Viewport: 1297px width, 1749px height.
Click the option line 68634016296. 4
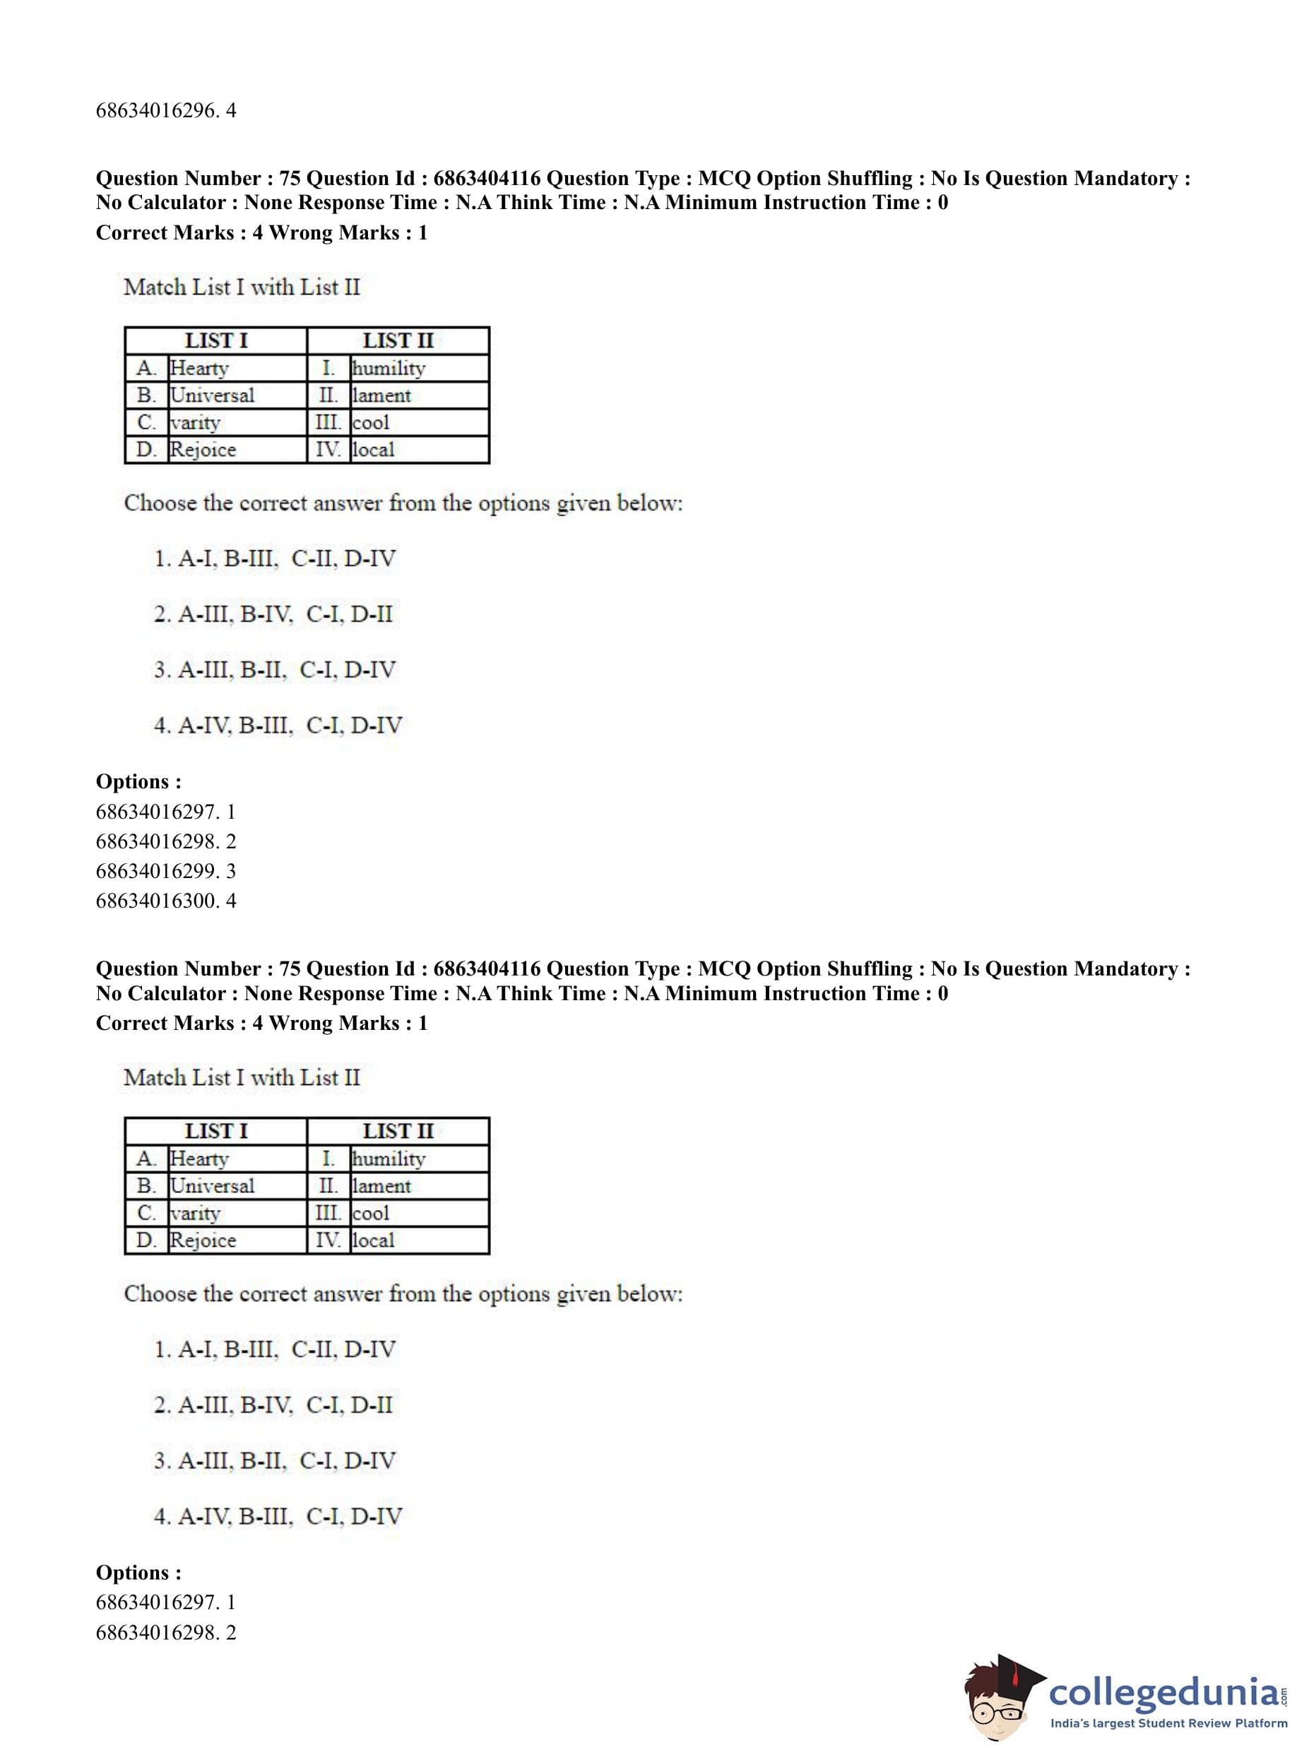[166, 111]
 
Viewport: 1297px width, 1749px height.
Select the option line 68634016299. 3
[166, 870]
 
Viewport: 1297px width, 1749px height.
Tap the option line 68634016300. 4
[166, 901]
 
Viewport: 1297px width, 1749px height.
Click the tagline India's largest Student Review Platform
[1168, 1723]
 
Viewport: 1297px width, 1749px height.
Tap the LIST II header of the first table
[398, 340]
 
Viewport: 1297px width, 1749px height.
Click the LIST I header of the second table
[216, 1131]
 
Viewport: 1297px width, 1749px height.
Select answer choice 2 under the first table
[273, 614]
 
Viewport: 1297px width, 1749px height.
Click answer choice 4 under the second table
[278, 1516]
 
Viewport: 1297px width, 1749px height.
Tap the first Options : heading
[138, 781]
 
